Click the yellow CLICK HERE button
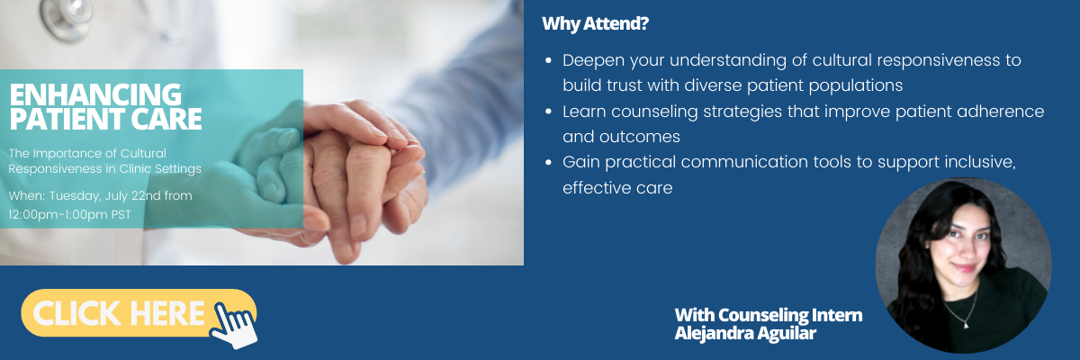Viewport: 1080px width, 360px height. pos(139,313)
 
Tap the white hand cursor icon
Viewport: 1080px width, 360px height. pos(235,325)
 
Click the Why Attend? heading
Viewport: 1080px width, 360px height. pos(596,23)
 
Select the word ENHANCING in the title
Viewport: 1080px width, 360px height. pos(95,94)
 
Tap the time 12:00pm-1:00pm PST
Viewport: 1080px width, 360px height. pos(70,214)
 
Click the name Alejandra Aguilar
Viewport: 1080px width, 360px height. pos(745,333)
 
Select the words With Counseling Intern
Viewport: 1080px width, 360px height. pos(769,315)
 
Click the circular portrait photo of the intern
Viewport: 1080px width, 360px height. pos(963,265)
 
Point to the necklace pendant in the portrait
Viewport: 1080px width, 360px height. pos(966,325)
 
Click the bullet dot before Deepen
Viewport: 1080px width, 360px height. pos(548,60)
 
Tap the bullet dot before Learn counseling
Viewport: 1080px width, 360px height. pos(548,112)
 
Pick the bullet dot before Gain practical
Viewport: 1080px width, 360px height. pos(548,162)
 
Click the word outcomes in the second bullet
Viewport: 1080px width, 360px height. pos(639,137)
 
